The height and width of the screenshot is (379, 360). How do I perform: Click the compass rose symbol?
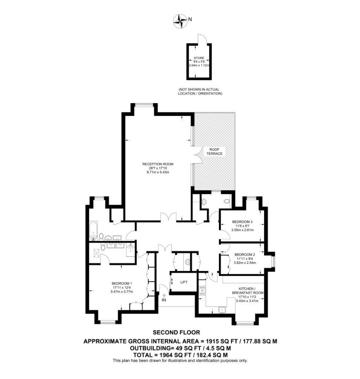[180, 21]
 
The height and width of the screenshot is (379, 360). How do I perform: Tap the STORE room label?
[199, 58]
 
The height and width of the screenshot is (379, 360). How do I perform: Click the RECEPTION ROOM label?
[158, 164]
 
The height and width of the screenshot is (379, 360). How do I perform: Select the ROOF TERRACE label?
[214, 152]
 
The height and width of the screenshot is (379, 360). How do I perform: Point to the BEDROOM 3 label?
[242, 222]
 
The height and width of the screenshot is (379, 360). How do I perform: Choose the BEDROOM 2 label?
[245, 254]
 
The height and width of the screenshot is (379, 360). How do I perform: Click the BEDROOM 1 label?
[122, 283]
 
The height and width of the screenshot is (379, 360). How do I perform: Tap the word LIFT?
[184, 282]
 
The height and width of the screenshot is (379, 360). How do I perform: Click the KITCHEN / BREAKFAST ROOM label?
[248, 291]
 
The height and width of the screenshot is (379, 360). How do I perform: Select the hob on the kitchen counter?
[202, 290]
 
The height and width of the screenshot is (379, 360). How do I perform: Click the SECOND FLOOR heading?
[177, 333]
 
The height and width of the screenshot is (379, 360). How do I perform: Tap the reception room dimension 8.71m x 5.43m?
[158, 172]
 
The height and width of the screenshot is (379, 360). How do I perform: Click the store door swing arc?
[203, 38]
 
